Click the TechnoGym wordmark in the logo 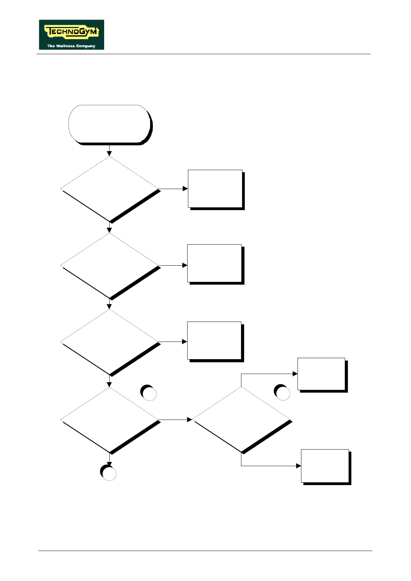(72, 32)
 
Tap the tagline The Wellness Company (71, 46)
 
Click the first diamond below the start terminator (110, 189)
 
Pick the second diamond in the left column (110, 265)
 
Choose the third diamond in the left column (110, 342)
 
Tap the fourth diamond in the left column (110, 420)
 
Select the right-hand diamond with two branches (241, 420)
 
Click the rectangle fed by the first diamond (215, 189)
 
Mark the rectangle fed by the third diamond (214, 341)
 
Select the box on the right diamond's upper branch (321, 374)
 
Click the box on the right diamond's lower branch (325, 466)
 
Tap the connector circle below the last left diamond (109, 473)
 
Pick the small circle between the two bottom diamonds (149, 393)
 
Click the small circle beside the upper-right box (282, 393)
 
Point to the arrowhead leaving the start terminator (110, 154)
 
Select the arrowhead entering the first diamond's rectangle (185, 189)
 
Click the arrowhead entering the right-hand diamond (189, 420)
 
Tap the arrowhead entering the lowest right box (299, 466)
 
